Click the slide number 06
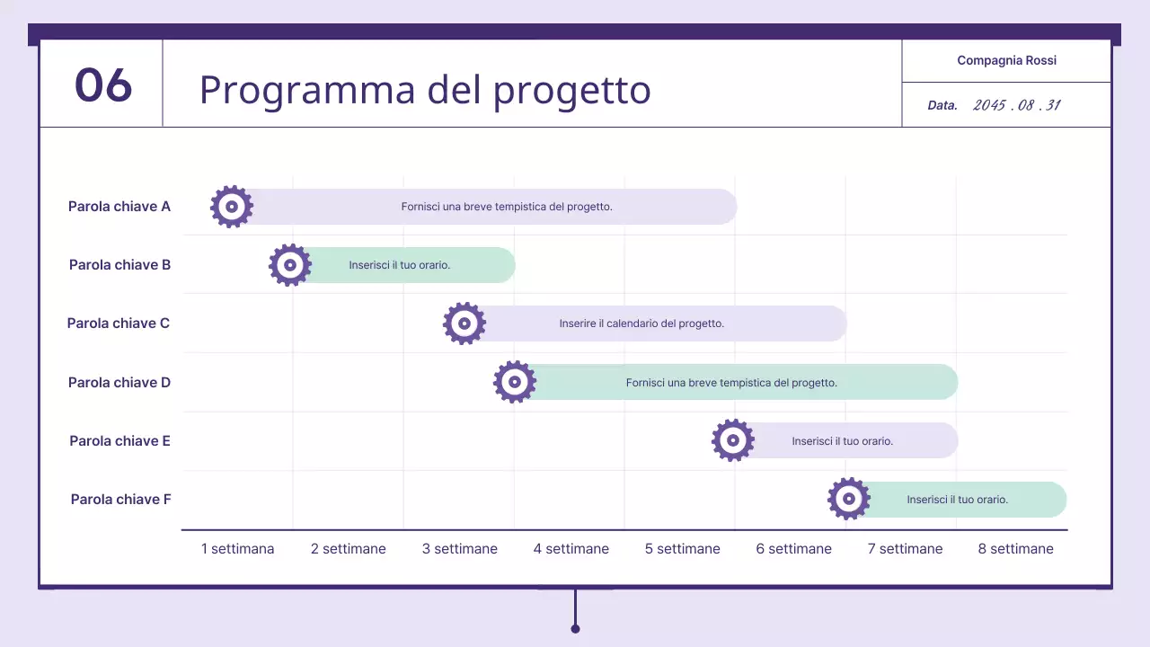[x=103, y=85]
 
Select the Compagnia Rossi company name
[x=1006, y=60]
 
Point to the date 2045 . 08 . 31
[x=1016, y=105]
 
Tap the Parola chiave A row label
[x=119, y=207]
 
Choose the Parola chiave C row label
[x=119, y=323]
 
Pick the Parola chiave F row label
[x=120, y=500]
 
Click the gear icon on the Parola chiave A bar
[x=232, y=207]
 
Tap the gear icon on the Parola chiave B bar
[x=290, y=265]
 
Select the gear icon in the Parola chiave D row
[x=515, y=382]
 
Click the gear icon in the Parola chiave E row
[x=733, y=440]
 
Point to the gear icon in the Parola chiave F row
[x=849, y=499]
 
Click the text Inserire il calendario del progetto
[x=641, y=323]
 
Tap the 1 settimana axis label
[x=237, y=549]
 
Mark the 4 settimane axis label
[x=571, y=549]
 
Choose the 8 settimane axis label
[x=1015, y=549]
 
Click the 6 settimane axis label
[x=793, y=549]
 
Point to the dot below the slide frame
[x=575, y=628]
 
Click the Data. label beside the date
[x=942, y=106]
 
